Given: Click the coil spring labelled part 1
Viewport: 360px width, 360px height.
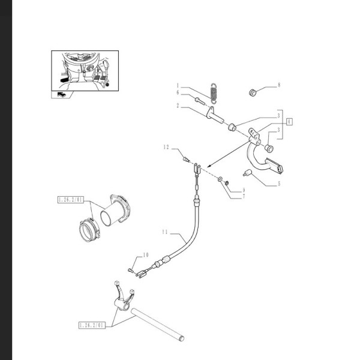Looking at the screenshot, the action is click(214, 93).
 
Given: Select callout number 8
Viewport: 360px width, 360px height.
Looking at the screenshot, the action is click(279, 85).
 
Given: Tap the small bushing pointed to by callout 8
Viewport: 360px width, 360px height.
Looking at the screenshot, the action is click(253, 92).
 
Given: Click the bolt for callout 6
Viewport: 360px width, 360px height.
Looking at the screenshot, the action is click(200, 101).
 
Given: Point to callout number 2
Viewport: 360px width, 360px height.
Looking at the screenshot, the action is click(178, 106).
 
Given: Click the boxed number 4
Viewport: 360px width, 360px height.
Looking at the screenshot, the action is click(289, 121).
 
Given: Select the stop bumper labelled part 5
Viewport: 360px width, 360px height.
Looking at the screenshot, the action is click(247, 173).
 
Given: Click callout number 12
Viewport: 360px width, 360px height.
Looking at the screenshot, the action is click(166, 147).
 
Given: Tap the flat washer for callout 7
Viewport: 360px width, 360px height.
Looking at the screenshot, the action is click(220, 179).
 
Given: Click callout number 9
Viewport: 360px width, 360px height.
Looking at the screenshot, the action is click(244, 190).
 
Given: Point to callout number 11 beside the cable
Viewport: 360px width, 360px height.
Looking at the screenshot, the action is click(165, 232).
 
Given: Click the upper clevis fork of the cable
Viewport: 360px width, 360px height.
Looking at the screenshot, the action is click(197, 169).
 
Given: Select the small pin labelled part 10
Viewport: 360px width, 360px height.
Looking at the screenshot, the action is click(130, 270).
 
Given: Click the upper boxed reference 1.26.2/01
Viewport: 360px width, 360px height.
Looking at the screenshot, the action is click(70, 200).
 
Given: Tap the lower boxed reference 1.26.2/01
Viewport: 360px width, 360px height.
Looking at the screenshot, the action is click(92, 325).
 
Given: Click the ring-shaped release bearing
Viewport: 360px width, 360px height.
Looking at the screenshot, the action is click(89, 230).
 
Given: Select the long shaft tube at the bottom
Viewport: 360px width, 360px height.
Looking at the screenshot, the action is click(157, 325).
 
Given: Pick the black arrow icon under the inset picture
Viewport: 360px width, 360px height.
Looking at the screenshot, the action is click(62, 94).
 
